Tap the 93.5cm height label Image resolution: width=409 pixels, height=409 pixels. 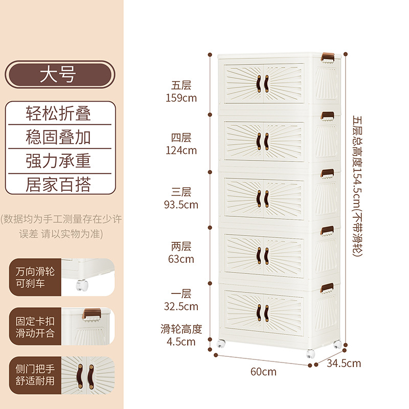click(x=181, y=204)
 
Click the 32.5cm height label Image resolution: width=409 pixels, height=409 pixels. click(x=181, y=307)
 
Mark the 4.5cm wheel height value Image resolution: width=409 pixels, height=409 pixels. click(x=181, y=342)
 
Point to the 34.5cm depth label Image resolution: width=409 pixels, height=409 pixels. click(x=344, y=363)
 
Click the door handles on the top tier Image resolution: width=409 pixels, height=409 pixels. click(x=263, y=84)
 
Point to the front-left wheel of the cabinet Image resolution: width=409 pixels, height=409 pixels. click(x=221, y=346)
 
